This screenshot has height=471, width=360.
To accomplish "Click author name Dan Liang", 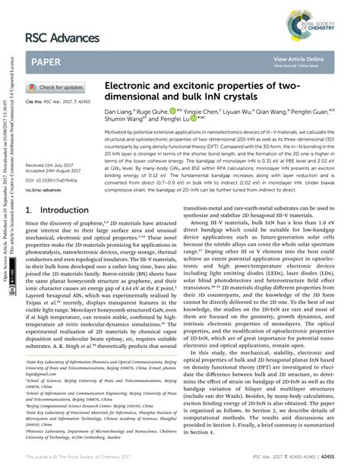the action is click(x=119, y=111).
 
